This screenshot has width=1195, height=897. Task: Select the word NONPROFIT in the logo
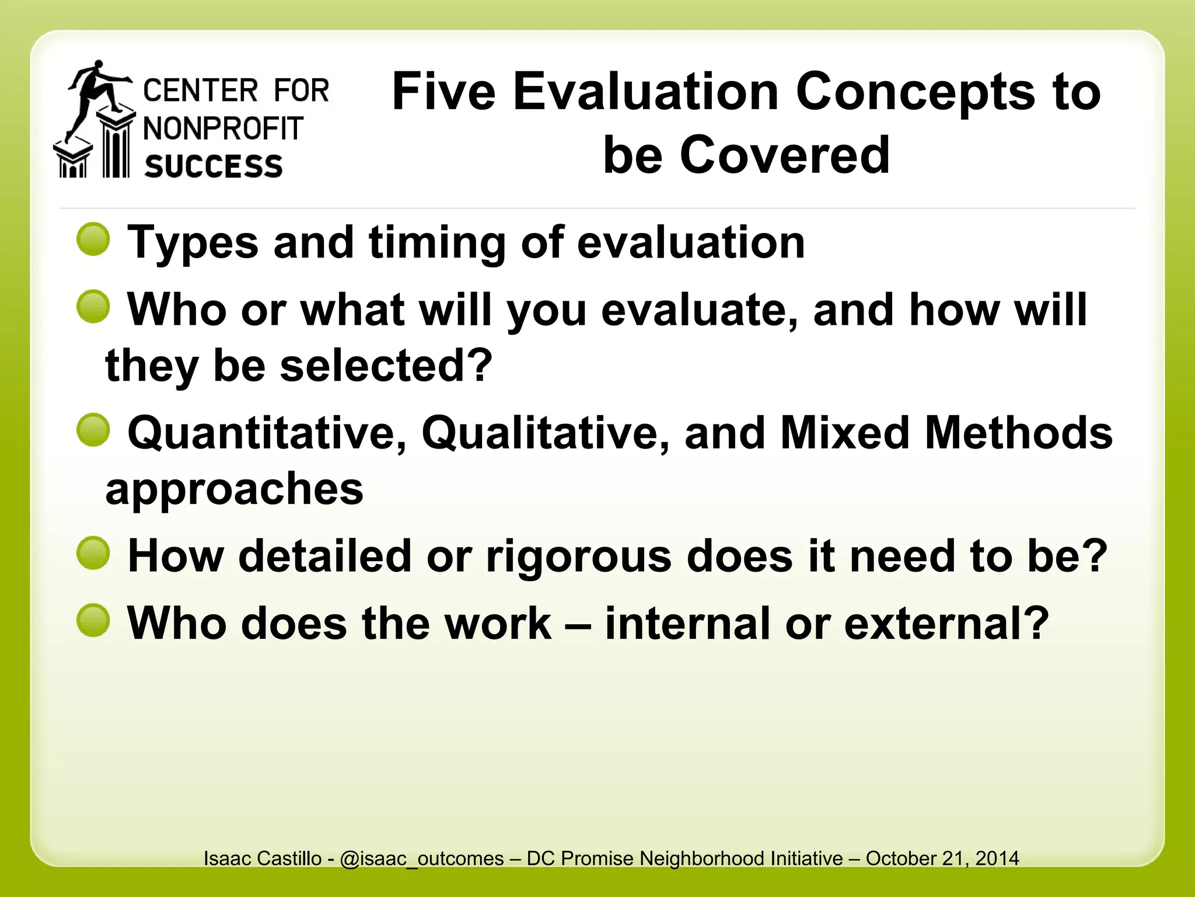point(223,128)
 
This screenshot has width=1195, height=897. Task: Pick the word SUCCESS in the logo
point(214,166)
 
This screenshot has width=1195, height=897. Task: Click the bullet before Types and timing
point(93,239)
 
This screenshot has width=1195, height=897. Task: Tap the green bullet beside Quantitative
point(93,430)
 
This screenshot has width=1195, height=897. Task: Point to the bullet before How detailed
point(93,553)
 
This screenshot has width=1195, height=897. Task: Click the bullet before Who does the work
point(93,620)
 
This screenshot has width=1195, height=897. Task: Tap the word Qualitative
point(545,433)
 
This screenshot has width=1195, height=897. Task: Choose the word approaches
point(234,489)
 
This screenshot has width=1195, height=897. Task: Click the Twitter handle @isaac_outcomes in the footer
point(421,858)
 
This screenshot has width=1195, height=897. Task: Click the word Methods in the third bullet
point(1019,433)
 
